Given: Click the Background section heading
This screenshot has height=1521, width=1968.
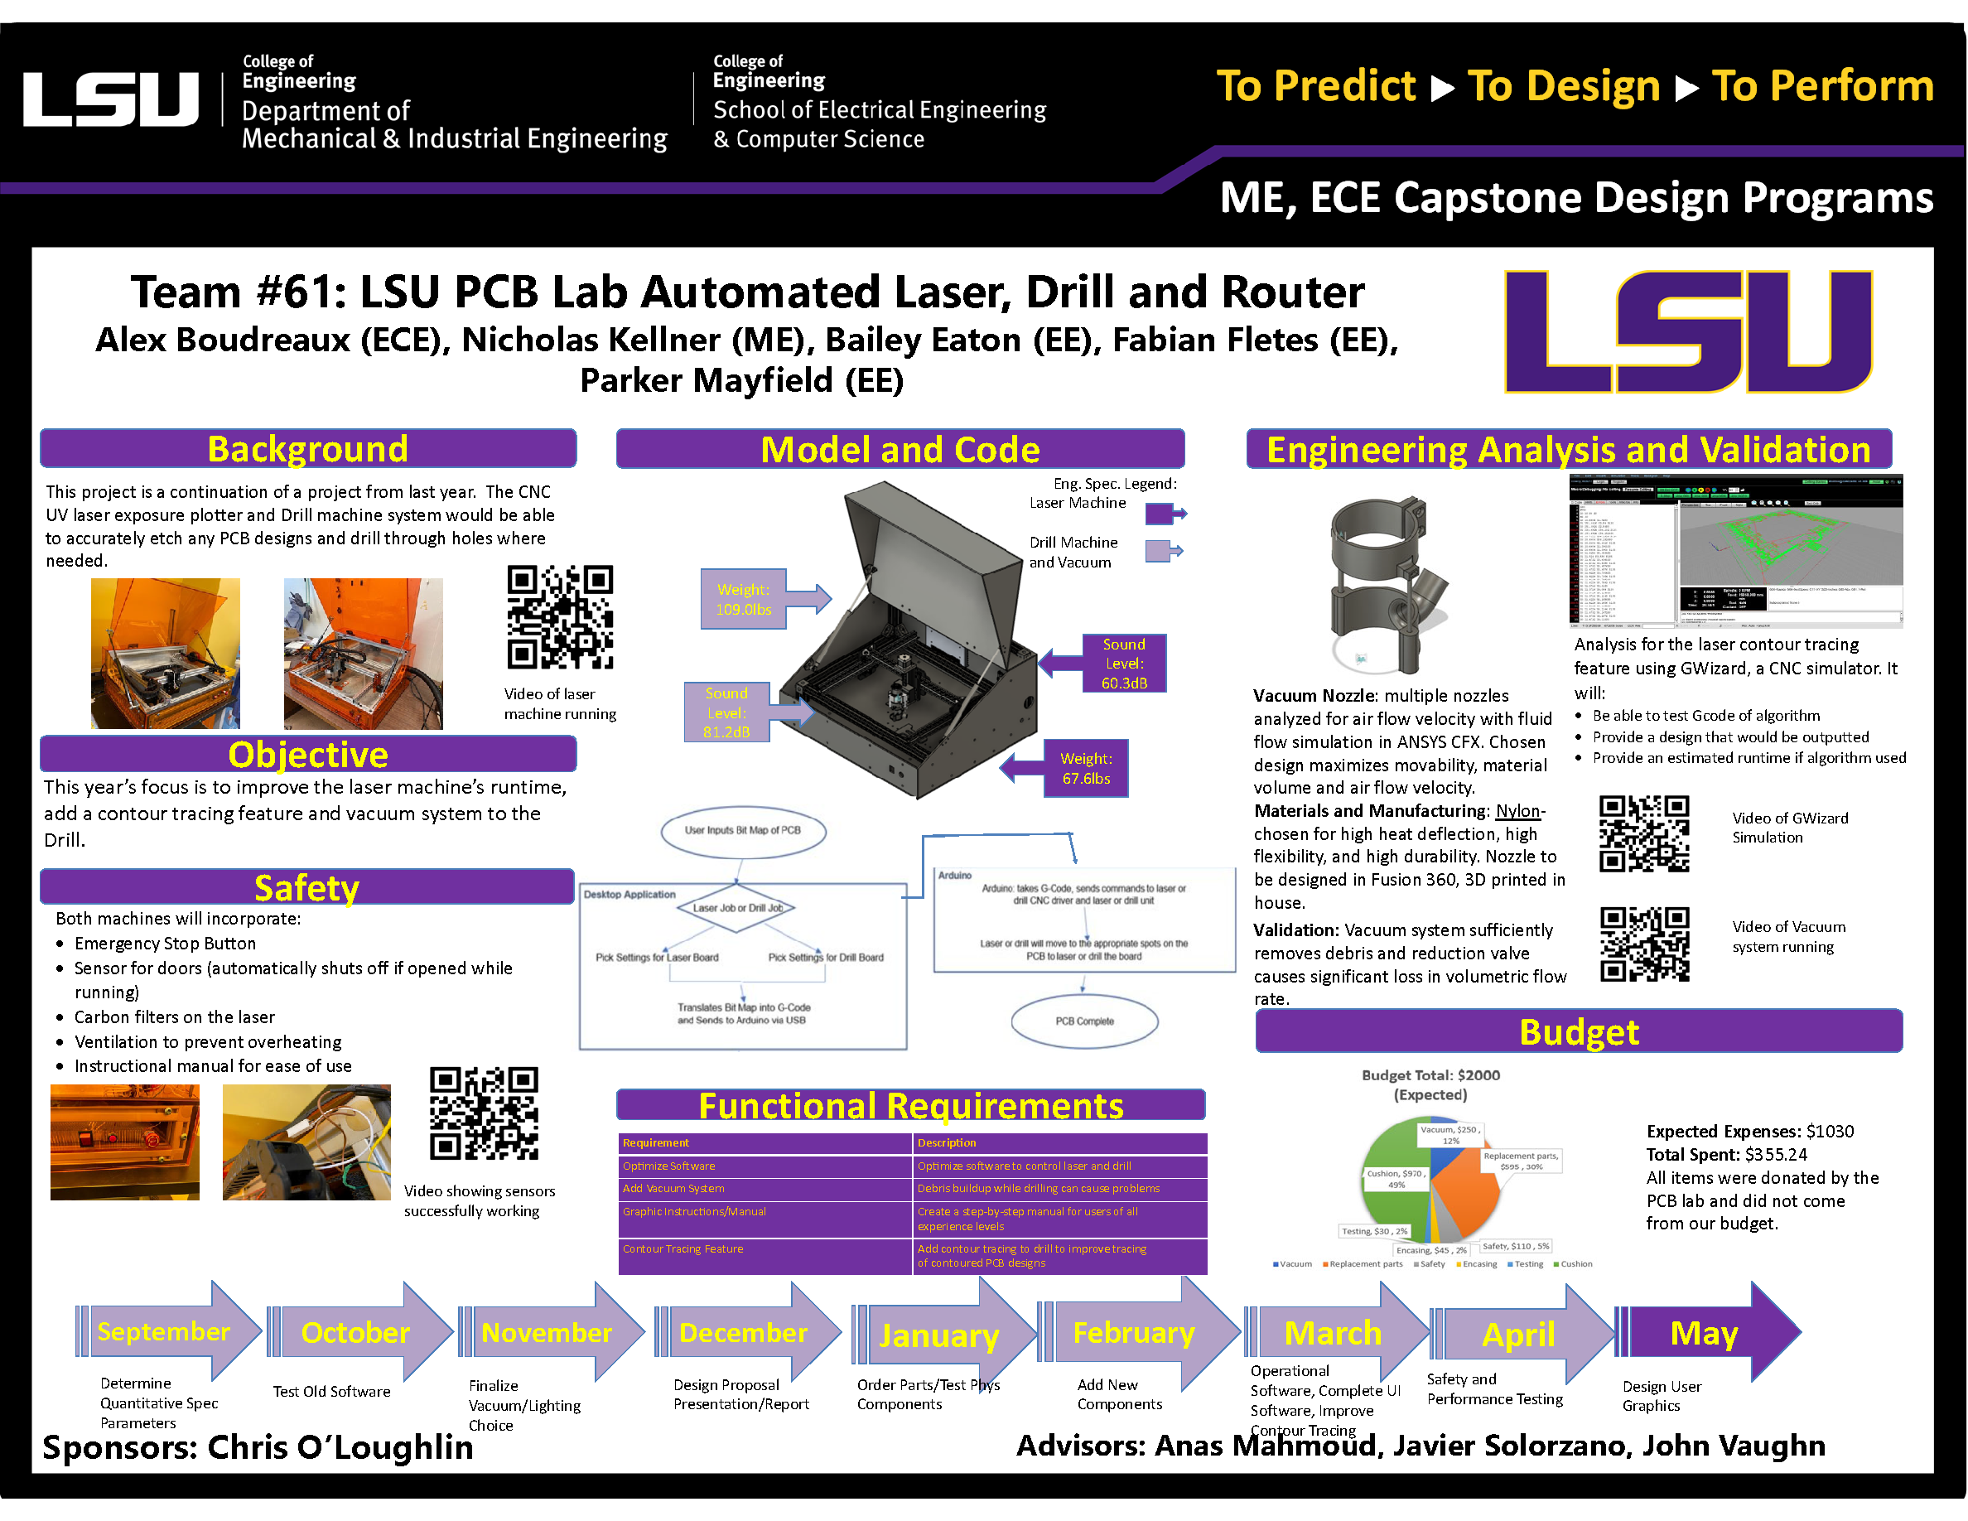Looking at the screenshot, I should (x=307, y=449).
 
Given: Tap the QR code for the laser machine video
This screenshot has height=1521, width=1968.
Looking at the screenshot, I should (x=560, y=617).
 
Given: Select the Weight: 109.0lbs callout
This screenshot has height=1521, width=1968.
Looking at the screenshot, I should (x=744, y=599).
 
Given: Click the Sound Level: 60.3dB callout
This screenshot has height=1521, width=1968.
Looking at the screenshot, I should (x=1124, y=664).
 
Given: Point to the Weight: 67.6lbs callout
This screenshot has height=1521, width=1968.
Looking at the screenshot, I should (x=1085, y=769).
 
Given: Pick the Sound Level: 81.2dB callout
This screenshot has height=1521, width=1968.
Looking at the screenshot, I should (x=726, y=712).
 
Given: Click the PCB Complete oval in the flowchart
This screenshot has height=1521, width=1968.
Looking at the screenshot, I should (x=1084, y=1021).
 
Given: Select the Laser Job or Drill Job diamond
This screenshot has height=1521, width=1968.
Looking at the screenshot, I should (x=737, y=907).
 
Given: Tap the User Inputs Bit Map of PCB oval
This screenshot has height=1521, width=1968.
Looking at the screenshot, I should (x=742, y=831).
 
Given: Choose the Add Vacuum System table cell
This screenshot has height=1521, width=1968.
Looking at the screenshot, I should (x=765, y=1189).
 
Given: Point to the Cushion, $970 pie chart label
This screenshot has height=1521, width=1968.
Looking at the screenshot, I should (x=1396, y=1179).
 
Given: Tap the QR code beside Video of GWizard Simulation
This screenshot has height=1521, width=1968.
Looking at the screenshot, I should (x=1642, y=833).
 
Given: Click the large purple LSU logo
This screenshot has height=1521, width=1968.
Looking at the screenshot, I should (x=1688, y=331).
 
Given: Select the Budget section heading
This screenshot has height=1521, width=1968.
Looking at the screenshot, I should (x=1578, y=1031).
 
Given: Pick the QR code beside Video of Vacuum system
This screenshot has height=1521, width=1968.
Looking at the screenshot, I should (x=1643, y=944).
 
